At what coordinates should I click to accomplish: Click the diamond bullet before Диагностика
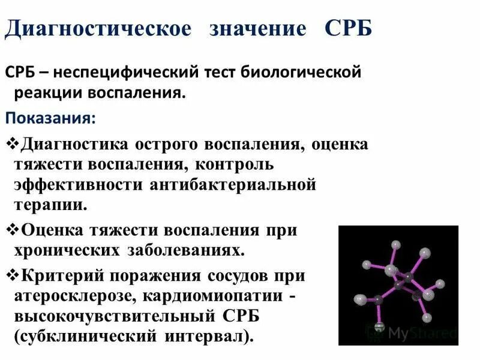point(13,145)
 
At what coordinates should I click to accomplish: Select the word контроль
point(236,164)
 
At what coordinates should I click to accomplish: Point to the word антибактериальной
point(230,184)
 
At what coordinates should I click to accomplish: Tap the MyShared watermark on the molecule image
point(420,332)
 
